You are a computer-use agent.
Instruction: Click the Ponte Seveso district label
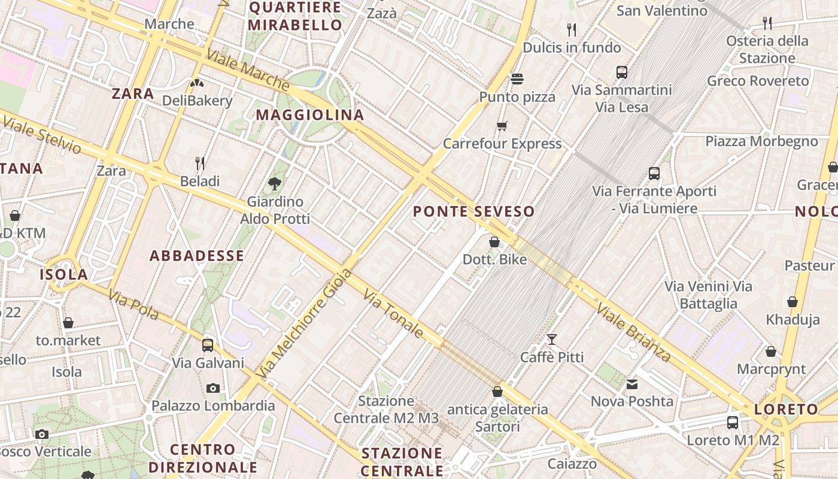click(473, 211)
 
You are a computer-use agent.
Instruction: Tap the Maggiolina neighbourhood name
click(309, 115)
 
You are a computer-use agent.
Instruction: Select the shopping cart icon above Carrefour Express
click(502, 126)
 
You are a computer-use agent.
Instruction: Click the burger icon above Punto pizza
click(517, 79)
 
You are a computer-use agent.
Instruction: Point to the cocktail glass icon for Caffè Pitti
click(551, 339)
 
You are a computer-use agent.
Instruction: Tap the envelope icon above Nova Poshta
click(632, 384)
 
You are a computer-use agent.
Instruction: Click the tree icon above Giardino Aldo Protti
click(275, 183)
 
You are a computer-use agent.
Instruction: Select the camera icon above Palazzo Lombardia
click(212, 388)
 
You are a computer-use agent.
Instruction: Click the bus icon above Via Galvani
click(208, 345)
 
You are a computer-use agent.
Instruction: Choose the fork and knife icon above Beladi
click(200, 163)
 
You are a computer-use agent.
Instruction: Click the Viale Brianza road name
click(633, 332)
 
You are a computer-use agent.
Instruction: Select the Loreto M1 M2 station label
click(733, 441)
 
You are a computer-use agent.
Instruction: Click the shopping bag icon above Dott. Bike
click(494, 242)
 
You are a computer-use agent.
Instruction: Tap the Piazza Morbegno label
click(761, 141)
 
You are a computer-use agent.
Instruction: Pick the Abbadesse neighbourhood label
click(196, 256)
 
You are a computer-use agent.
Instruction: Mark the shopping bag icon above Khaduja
click(793, 302)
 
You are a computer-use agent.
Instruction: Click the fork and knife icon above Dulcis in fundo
click(572, 29)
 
